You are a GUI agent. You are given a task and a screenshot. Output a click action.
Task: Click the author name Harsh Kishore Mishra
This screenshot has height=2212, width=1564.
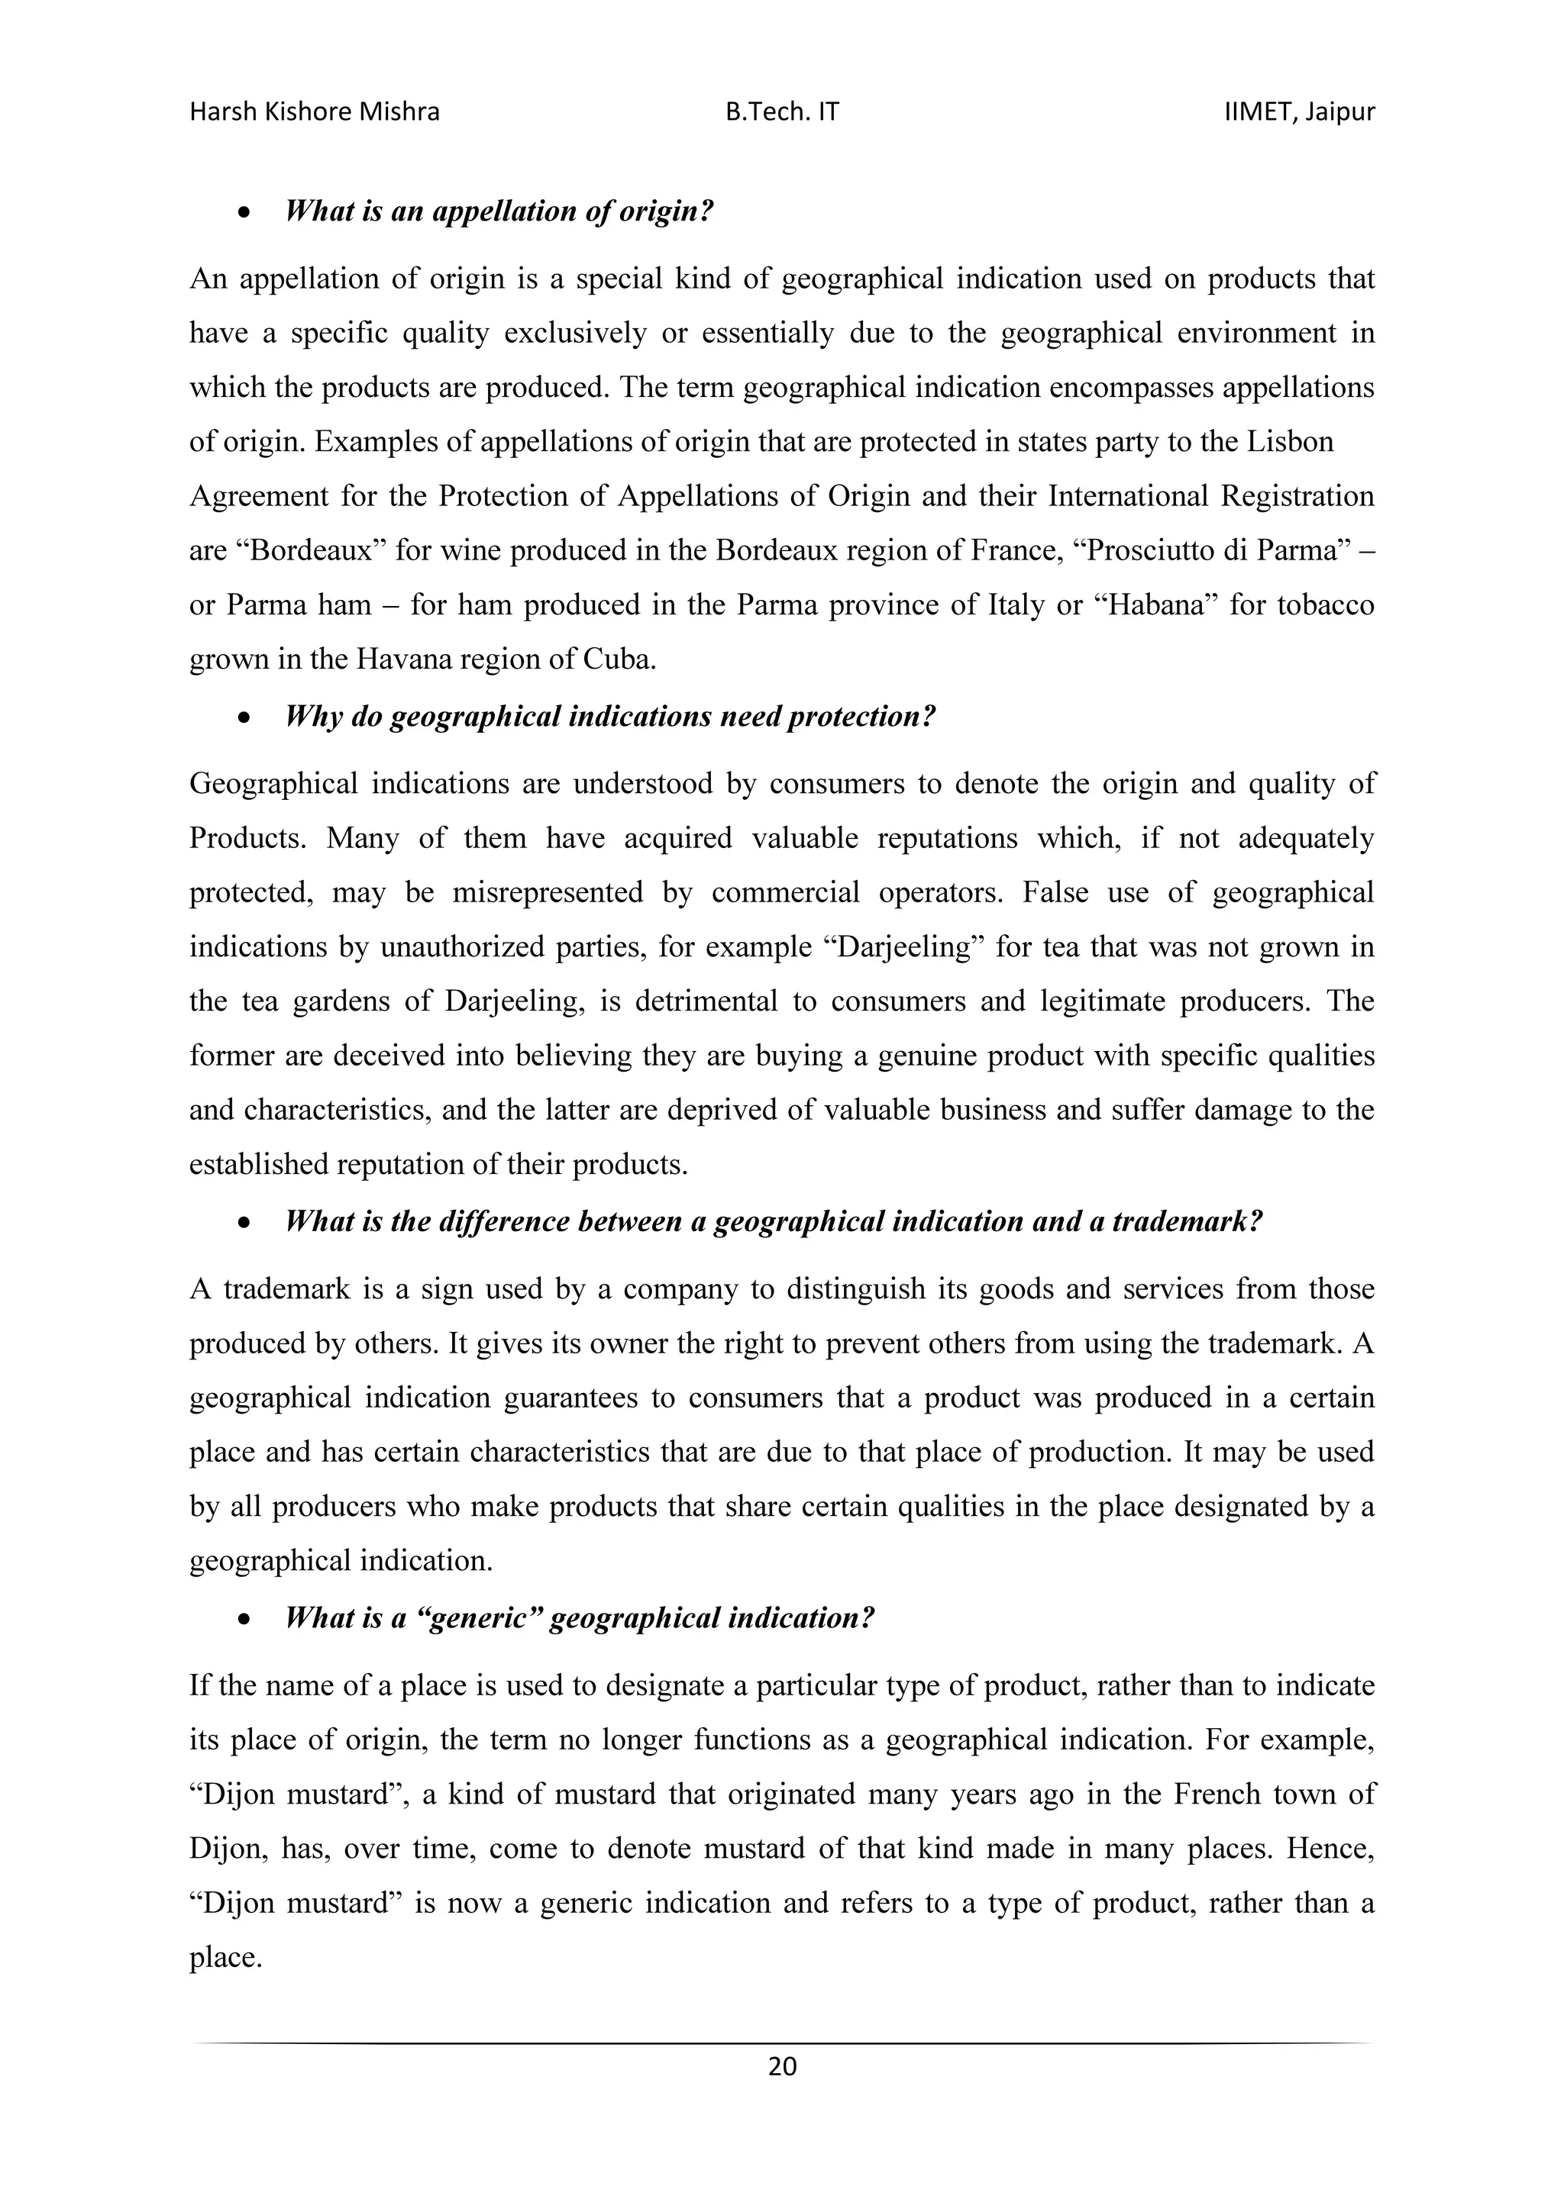[x=314, y=113]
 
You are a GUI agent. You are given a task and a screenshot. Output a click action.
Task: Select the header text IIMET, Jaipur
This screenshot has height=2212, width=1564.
[x=1298, y=113]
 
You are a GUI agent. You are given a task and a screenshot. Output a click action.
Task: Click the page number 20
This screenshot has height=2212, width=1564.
[x=781, y=2065]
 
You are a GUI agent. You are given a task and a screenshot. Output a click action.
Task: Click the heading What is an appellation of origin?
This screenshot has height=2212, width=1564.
[x=499, y=211]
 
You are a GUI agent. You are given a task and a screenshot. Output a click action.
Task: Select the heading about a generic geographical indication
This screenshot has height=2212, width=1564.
[x=580, y=1617]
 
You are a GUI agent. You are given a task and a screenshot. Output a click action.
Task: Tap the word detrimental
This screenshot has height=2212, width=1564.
[x=700, y=1002]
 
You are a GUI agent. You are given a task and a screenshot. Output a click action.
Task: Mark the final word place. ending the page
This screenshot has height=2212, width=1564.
[x=225, y=1958]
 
